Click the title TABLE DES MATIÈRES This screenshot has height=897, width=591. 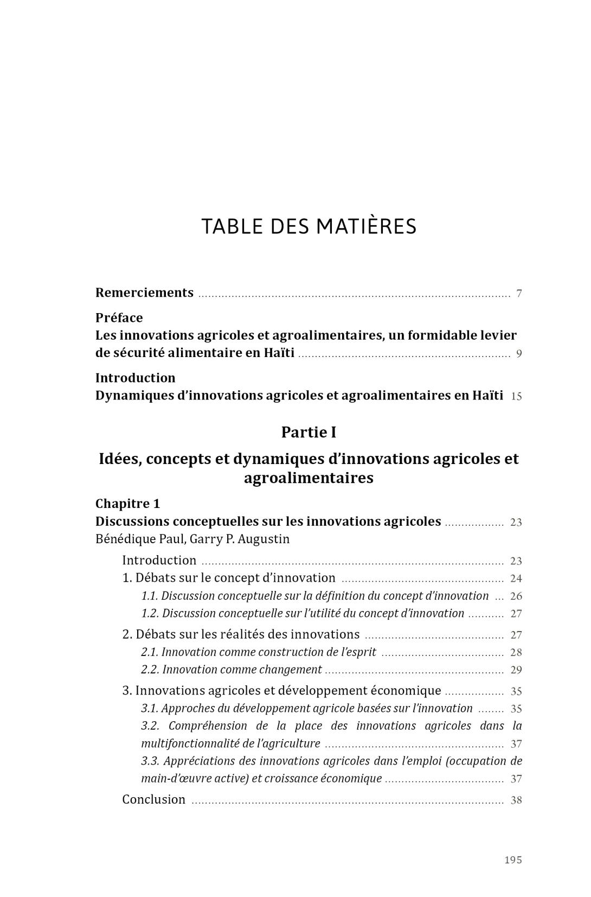tap(309, 226)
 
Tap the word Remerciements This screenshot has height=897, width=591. tap(144, 293)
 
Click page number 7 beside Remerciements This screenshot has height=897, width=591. tap(519, 294)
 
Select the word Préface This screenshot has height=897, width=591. tap(119, 318)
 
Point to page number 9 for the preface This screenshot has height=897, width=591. tap(519, 354)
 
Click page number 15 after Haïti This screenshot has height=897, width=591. tap(516, 397)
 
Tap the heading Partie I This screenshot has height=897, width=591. tap(309, 432)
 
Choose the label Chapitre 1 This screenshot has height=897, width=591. tap(128, 504)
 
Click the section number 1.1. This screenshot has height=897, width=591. tap(150, 596)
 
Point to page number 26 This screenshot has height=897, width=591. tap(516, 596)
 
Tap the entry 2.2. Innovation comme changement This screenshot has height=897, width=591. tap(232, 670)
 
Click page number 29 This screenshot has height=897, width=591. tap(516, 671)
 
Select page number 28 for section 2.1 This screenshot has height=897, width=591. tap(516, 653)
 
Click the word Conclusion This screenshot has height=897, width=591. tap(154, 800)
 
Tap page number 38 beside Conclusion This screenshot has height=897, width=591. tap(516, 800)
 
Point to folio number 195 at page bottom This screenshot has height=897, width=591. tap(513, 860)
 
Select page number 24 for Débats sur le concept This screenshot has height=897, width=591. tap(516, 579)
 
